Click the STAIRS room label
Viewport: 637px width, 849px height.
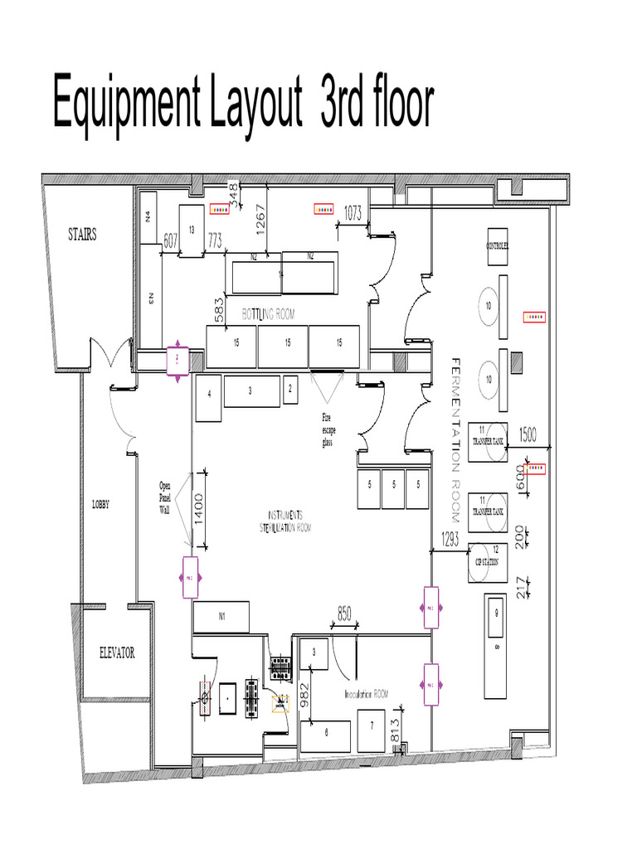(x=82, y=235)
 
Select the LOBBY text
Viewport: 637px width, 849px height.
(x=100, y=503)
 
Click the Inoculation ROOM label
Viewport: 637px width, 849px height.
(x=366, y=693)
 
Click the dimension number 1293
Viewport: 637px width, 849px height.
(x=450, y=536)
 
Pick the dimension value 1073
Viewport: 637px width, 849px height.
(x=353, y=213)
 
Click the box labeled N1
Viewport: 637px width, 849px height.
(x=222, y=616)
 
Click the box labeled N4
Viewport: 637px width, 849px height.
(x=148, y=217)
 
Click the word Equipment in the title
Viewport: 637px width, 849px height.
(x=132, y=103)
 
